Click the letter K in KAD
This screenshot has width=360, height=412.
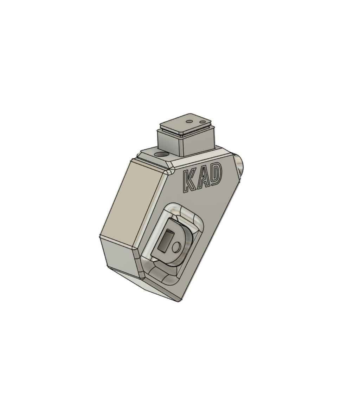(x=190, y=182)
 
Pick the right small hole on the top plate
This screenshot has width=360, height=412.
(x=202, y=120)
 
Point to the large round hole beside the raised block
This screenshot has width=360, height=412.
(x=163, y=155)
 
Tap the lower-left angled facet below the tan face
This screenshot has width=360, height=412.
(x=120, y=255)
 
